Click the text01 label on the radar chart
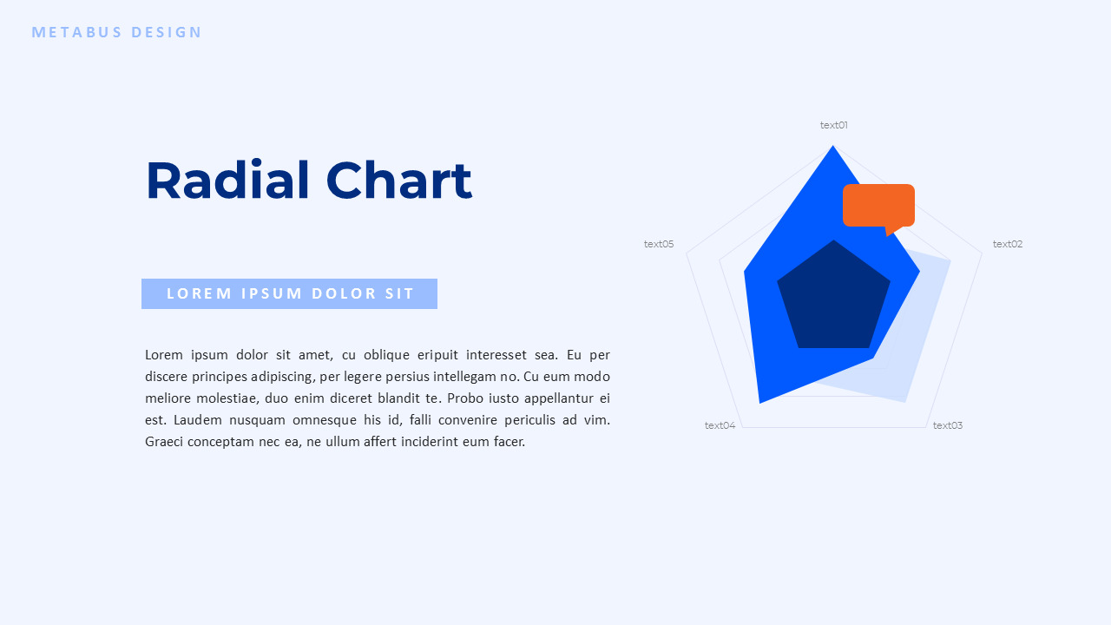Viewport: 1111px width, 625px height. (834, 125)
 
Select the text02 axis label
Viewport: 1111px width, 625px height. (1008, 244)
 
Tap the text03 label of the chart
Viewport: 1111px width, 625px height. (947, 425)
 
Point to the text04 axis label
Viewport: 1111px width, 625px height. (720, 425)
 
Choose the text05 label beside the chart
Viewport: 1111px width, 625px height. (659, 244)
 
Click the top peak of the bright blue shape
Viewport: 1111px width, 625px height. (832, 146)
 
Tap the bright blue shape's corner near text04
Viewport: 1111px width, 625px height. (759, 402)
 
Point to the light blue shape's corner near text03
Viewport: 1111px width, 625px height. (905, 402)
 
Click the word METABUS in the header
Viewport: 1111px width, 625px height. (77, 32)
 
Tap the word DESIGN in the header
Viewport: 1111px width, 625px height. (166, 32)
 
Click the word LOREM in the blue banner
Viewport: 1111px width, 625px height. (200, 293)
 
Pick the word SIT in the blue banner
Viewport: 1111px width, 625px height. (400, 293)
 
